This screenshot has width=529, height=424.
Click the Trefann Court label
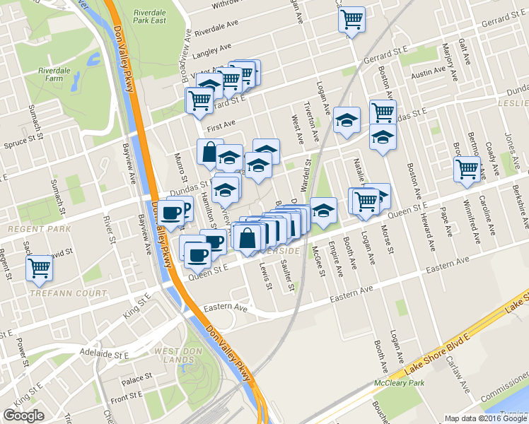point(68,293)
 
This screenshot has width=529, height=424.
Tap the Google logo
point(23,416)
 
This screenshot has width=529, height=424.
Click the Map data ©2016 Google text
point(484,418)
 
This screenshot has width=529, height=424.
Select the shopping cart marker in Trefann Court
point(40,268)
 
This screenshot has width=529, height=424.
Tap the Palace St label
point(132,380)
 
